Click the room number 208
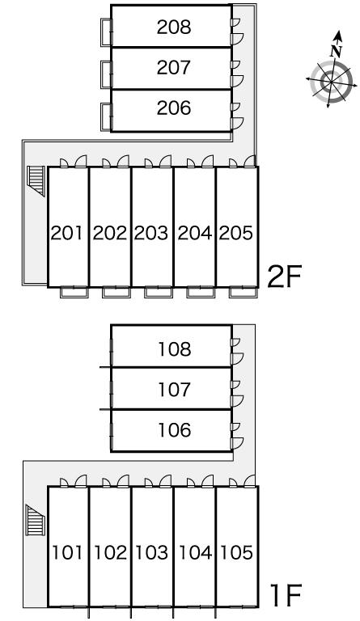coord(174,27)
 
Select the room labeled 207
coord(174,67)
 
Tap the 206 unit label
coord(174,108)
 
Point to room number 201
coord(67,233)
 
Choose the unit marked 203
coord(151,233)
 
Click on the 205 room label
coord(236,233)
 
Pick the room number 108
coord(175,349)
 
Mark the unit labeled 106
coord(175,429)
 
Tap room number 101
coord(68,552)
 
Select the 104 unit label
coord(196,552)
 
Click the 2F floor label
coord(284,277)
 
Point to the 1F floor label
coord(286,595)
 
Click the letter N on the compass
coord(337,51)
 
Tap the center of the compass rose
coord(331,81)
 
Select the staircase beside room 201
coord(36,181)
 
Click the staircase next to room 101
coord(36,520)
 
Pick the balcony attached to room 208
coord(107,32)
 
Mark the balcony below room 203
coord(159,292)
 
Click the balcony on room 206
coord(107,116)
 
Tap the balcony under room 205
coord(244,292)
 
